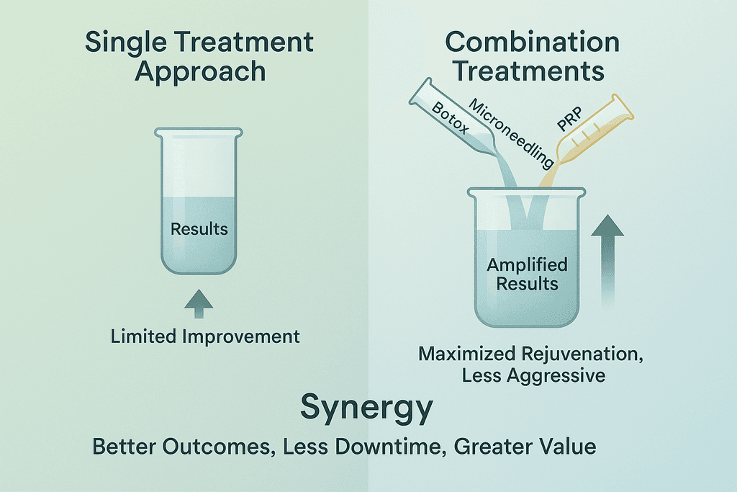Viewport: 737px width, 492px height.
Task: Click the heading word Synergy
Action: point(366,408)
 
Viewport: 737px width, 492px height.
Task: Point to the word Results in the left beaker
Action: point(199,230)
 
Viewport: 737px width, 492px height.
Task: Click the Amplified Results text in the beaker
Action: point(527,274)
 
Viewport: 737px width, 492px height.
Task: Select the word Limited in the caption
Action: point(140,336)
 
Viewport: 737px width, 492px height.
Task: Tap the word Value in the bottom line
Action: point(569,447)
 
